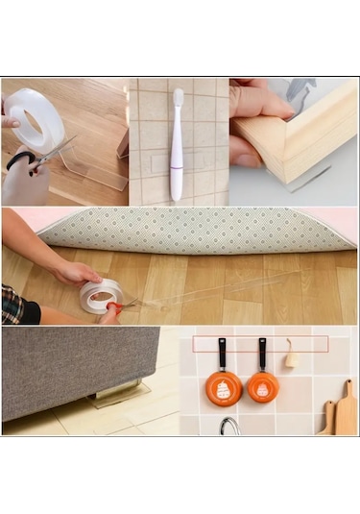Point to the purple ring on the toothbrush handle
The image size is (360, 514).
pos(177,161)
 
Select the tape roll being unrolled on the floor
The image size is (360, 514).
pos(101,295)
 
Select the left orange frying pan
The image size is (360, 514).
pos(223,387)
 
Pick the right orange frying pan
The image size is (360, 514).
pos(262,386)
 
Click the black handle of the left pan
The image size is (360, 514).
pos(221,354)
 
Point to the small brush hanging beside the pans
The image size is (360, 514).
pos(291,356)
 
